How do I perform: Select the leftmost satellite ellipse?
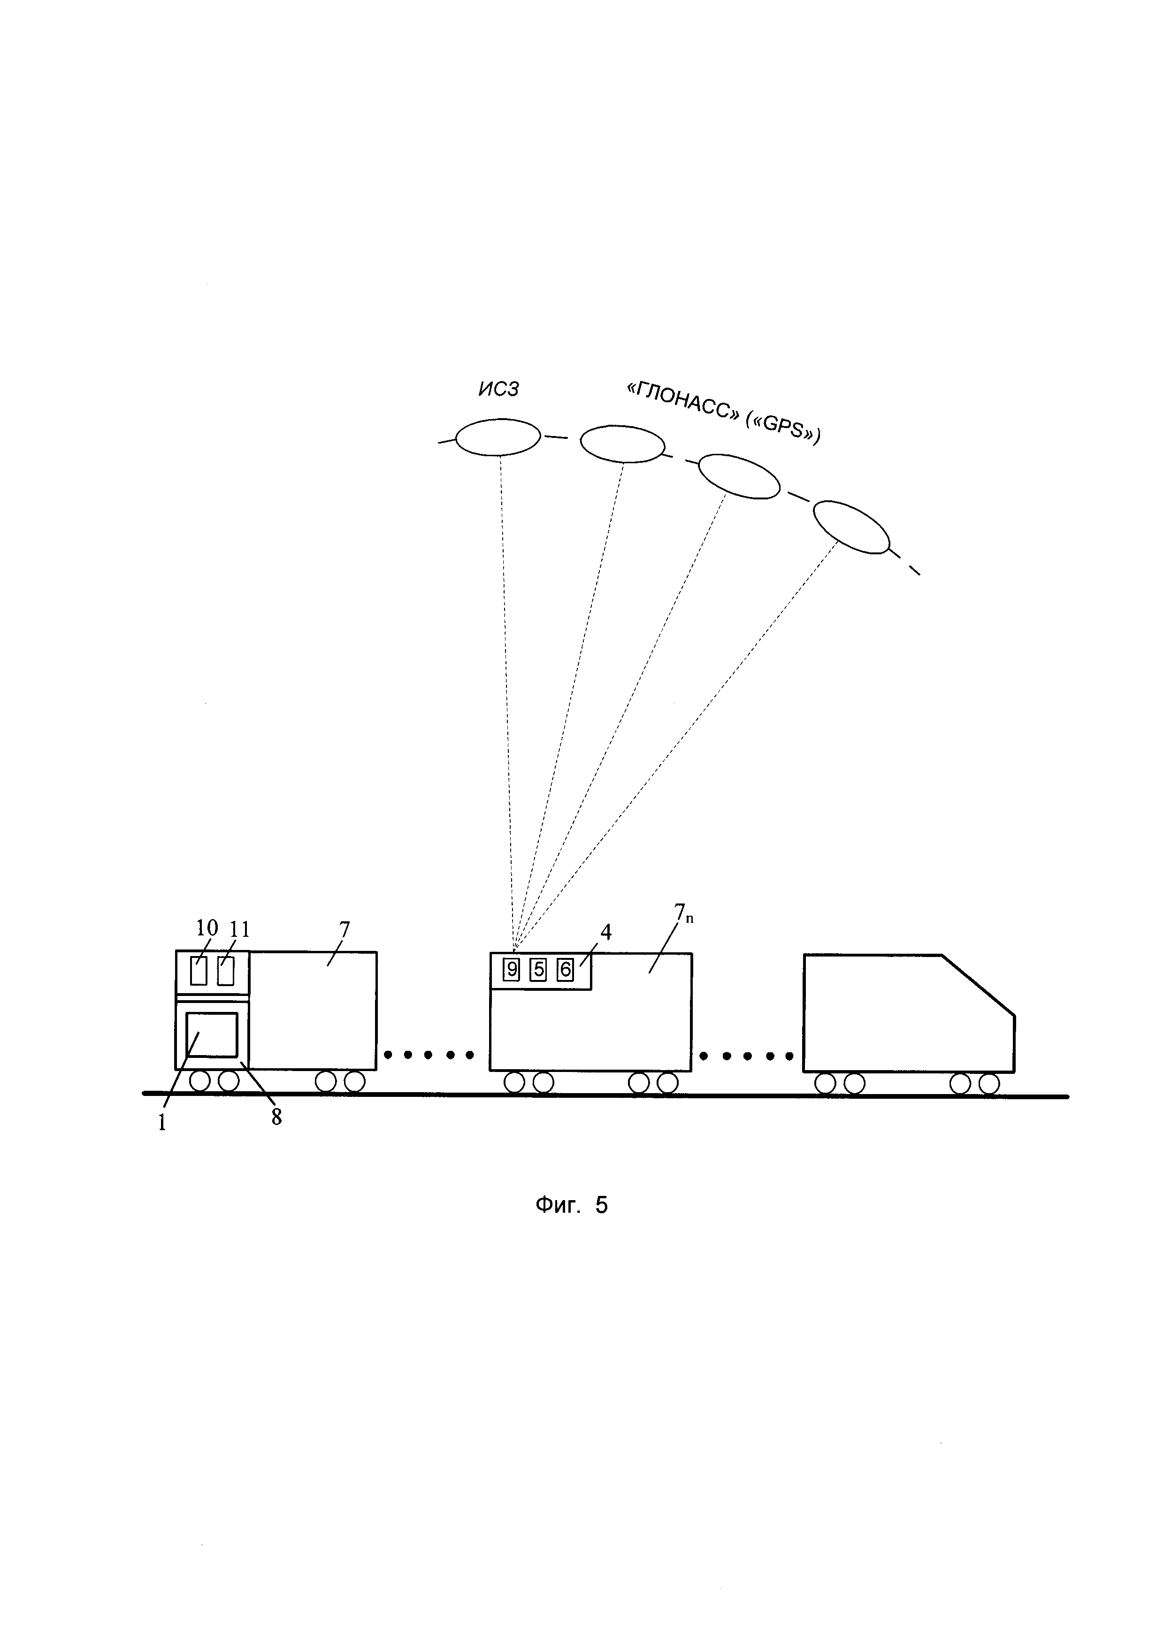[x=498, y=436]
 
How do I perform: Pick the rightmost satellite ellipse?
[x=851, y=527]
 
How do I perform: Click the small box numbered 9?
[x=512, y=970]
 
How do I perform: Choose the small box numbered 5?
[x=538, y=970]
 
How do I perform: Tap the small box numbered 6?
[x=566, y=970]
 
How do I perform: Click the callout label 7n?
[x=683, y=913]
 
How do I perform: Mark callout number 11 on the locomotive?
[x=239, y=930]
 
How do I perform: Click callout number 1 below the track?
[x=162, y=1123]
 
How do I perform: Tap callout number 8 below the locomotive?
[x=276, y=1117]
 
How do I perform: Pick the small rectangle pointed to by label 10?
[x=199, y=972]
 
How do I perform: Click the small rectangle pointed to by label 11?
[x=226, y=972]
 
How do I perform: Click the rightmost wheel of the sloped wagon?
[x=989, y=1084]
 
